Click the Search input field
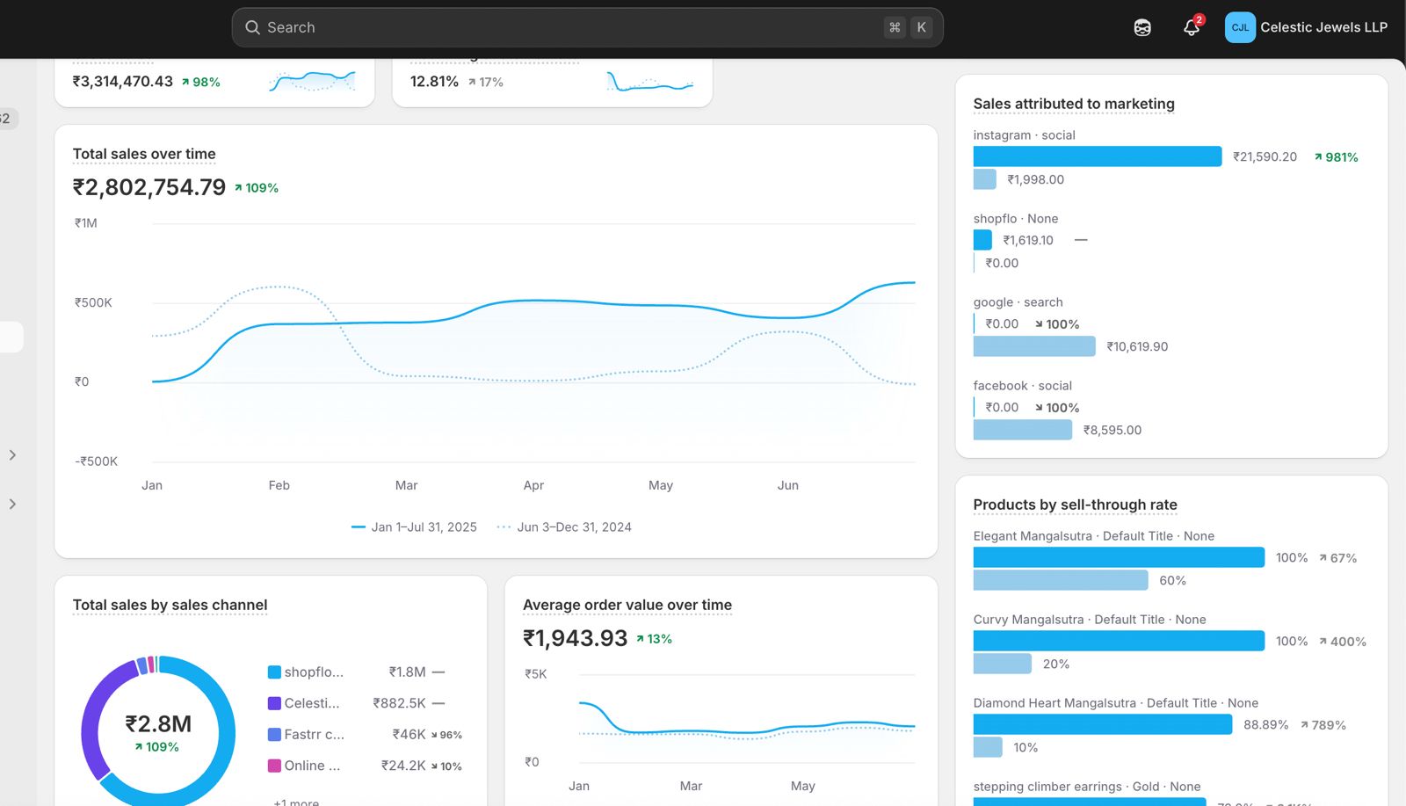click(562, 27)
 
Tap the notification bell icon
click(1191, 27)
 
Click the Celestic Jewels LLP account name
click(1323, 27)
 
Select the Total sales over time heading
click(144, 154)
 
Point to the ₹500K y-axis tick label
click(93, 302)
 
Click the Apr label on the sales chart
click(533, 485)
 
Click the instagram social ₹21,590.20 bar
click(1097, 156)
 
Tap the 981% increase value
click(1341, 157)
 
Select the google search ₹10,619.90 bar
click(1034, 346)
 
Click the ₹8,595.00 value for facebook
click(1112, 430)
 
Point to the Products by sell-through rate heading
click(1075, 505)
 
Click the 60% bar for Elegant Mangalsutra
click(1060, 580)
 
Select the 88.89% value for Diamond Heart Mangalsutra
click(1265, 725)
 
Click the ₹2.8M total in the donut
click(158, 723)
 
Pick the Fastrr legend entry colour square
click(274, 735)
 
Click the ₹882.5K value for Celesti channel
click(399, 703)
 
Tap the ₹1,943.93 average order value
click(575, 638)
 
